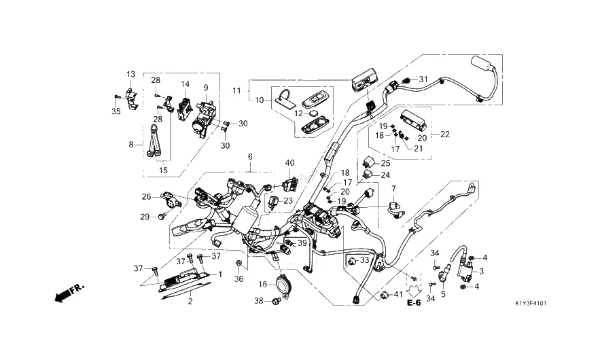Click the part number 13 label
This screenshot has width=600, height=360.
pyautogui.click(x=130, y=74)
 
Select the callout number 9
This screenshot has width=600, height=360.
pyautogui.click(x=205, y=88)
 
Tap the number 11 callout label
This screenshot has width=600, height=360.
pyautogui.click(x=236, y=90)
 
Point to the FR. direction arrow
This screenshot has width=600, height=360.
pyautogui.click(x=69, y=293)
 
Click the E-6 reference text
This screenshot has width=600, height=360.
pyautogui.click(x=414, y=303)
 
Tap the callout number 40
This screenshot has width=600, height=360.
pyautogui.click(x=290, y=162)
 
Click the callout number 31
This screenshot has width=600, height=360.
pyautogui.click(x=423, y=79)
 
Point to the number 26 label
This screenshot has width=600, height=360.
pyautogui.click(x=146, y=197)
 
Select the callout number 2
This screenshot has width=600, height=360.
pyautogui.click(x=190, y=301)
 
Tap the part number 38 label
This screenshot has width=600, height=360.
pyautogui.click(x=258, y=300)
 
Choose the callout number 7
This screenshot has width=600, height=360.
pyautogui.click(x=392, y=188)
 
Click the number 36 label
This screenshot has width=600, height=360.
pyautogui.click(x=239, y=279)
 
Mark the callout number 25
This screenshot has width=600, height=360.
pyautogui.click(x=385, y=164)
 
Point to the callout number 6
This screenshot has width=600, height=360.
pyautogui.click(x=250, y=157)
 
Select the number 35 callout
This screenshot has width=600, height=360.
pyautogui.click(x=116, y=111)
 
